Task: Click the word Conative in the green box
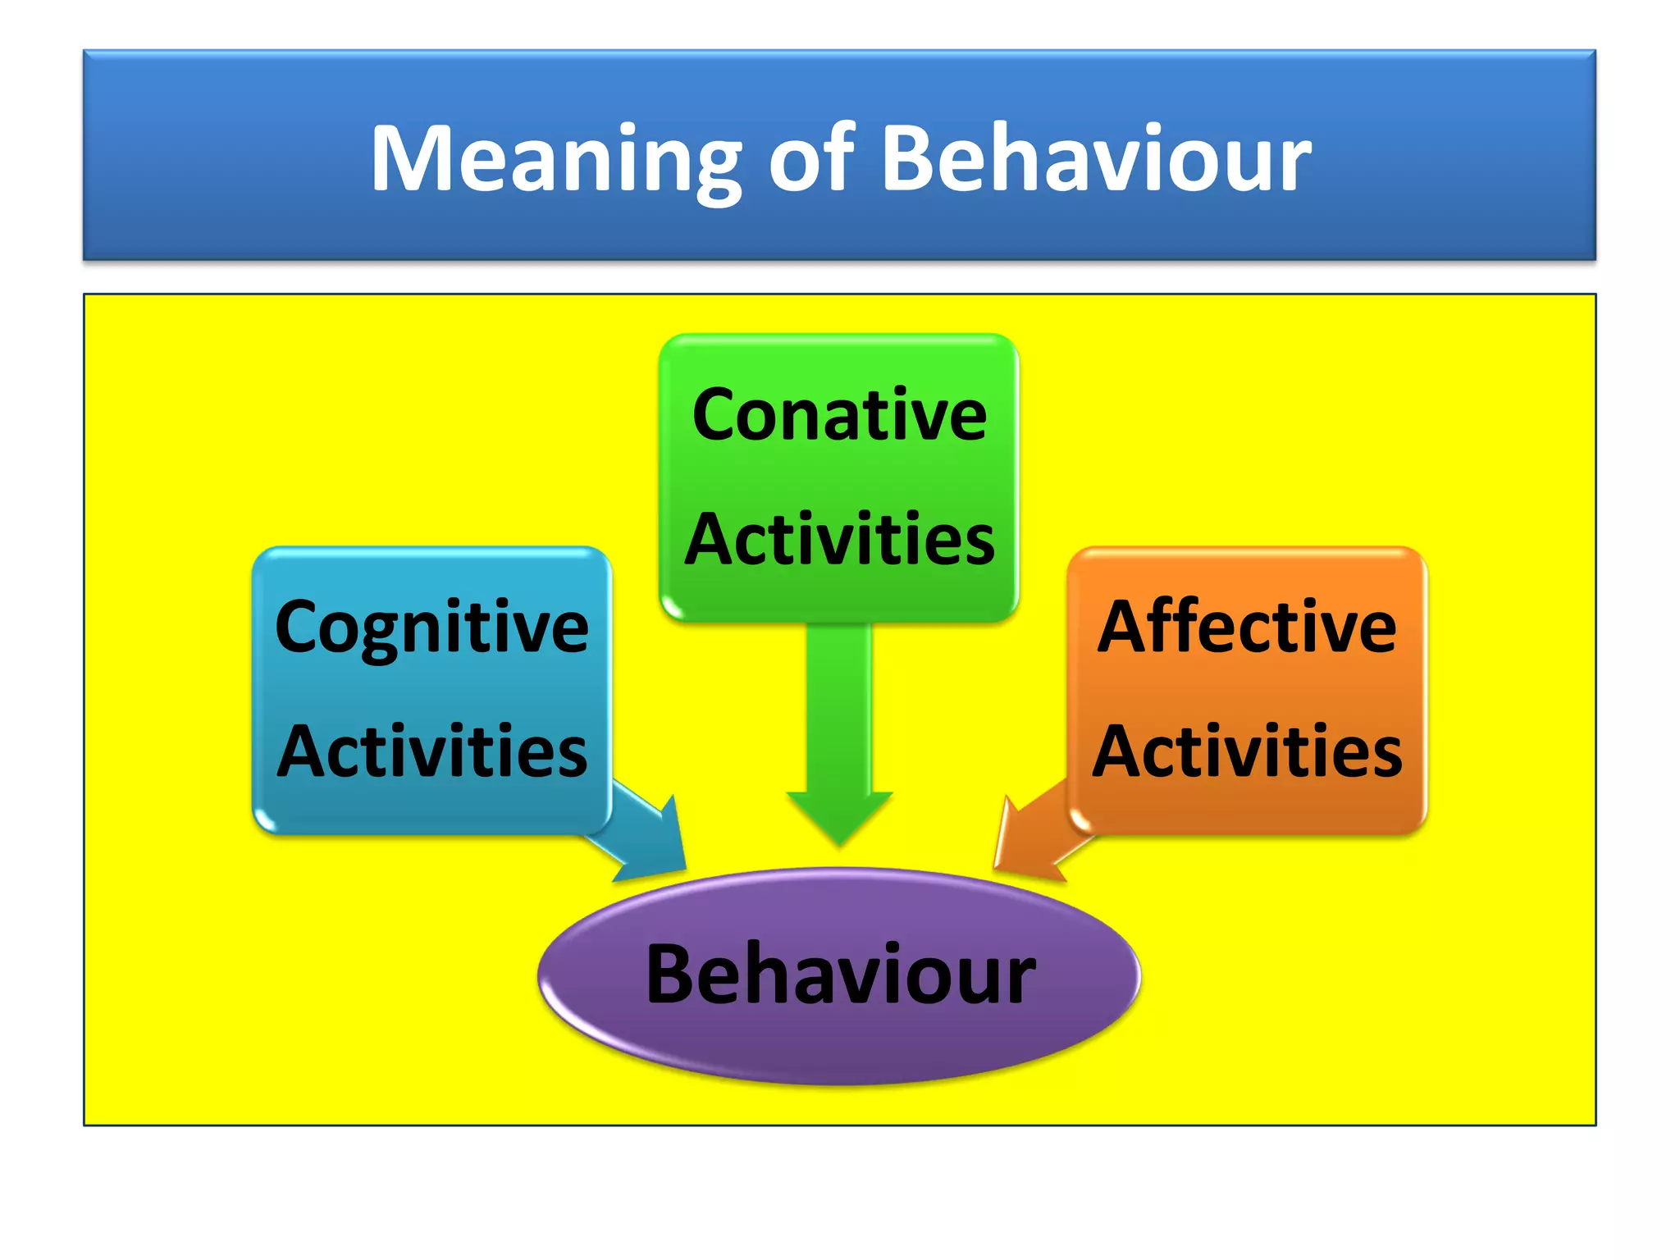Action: pos(839,415)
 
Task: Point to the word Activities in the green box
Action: pos(839,540)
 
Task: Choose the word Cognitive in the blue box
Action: pos(431,628)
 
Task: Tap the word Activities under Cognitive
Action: pos(431,751)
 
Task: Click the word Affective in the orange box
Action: pos(1247,628)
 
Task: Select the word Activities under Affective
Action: pos(1247,751)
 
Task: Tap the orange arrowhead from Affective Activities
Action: pos(1021,845)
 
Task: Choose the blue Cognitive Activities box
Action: pos(431,689)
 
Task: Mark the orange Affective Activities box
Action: pos(1247,689)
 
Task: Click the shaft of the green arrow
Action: pos(839,705)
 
